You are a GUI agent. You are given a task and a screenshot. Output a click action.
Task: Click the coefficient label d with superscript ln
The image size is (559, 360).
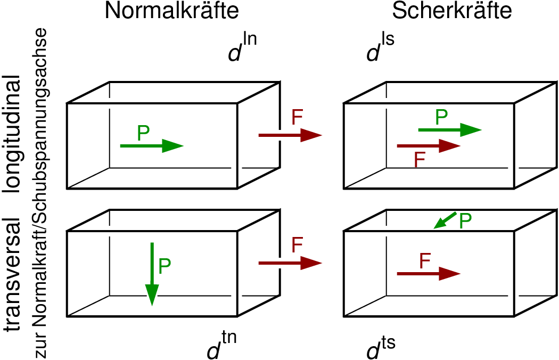(242, 50)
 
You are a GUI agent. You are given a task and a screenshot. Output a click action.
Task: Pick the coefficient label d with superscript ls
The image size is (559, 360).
(380, 50)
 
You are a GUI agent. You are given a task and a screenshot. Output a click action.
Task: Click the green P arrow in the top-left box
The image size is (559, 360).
(152, 145)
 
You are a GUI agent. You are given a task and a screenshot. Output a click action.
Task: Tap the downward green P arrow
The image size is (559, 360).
(152, 274)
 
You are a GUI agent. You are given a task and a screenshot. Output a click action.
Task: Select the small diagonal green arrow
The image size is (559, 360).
(445, 220)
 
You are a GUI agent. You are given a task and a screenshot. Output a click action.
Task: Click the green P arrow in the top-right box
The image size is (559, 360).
(450, 129)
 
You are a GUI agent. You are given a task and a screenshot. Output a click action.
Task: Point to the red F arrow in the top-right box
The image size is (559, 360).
(429, 145)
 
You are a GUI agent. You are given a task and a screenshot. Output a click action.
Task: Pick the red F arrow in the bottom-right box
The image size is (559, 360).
(429, 274)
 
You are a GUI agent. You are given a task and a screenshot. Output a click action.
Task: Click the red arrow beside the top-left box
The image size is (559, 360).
(290, 135)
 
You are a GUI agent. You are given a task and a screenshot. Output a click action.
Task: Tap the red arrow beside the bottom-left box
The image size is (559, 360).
(290, 263)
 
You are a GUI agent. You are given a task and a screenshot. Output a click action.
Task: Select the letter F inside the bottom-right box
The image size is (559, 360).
(424, 261)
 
